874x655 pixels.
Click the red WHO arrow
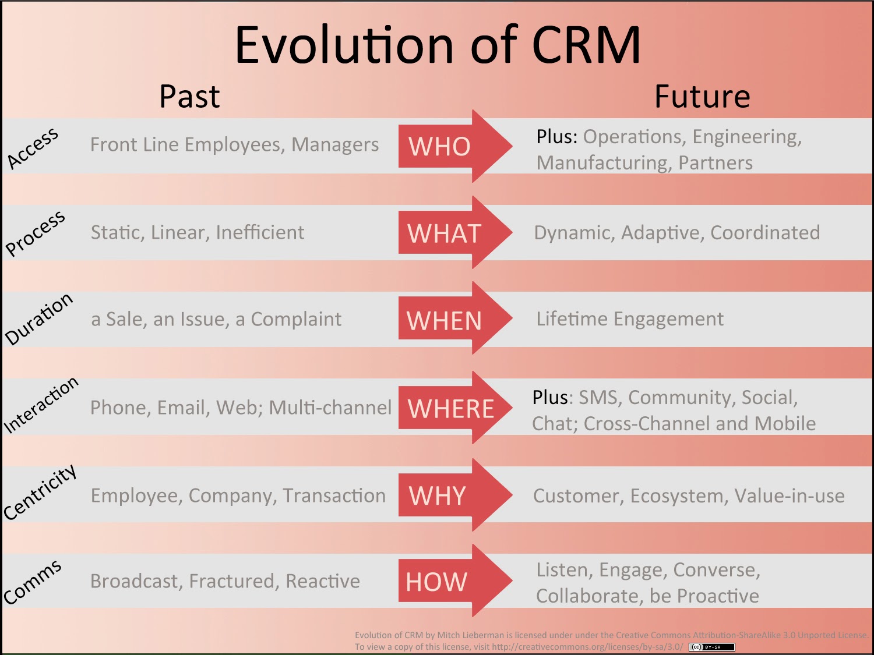449,146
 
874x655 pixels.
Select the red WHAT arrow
449,233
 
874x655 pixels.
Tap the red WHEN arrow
449,320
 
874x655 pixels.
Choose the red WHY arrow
449,495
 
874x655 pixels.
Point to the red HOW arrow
449,581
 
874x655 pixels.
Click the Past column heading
189,97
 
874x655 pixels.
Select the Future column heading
702,97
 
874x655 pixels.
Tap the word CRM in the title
586,45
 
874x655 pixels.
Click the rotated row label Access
33,148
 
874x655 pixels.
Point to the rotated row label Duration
38,319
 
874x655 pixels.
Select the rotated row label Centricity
40,493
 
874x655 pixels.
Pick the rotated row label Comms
32,582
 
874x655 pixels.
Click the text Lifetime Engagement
629,319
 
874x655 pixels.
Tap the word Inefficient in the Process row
260,232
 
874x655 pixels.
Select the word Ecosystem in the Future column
678,496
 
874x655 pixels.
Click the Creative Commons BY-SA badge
711,647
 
